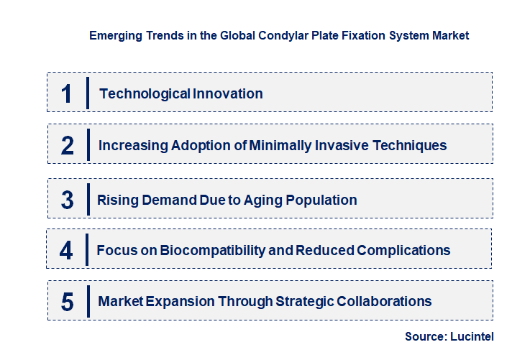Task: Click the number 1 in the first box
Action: (x=66, y=93)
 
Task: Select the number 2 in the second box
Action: (x=68, y=145)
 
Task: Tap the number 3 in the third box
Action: (x=67, y=200)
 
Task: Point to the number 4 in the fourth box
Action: (x=66, y=250)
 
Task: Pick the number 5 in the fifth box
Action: (x=67, y=302)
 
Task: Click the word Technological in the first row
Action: (x=134, y=93)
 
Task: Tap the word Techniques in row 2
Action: (x=411, y=145)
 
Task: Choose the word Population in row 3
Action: (x=324, y=200)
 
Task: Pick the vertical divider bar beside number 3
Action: (x=88, y=198)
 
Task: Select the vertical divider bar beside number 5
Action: (x=88, y=300)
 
